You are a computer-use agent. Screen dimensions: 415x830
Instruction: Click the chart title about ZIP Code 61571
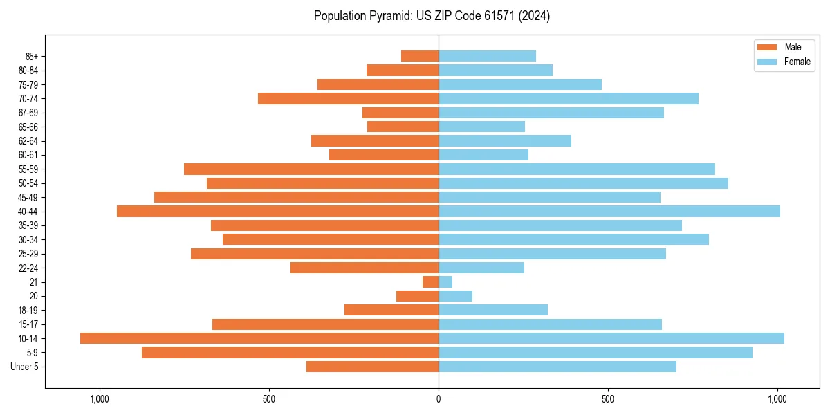[x=432, y=16]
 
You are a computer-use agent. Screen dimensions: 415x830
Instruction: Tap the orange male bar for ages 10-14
[x=259, y=338]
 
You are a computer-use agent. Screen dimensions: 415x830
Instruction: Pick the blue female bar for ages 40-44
[x=609, y=212]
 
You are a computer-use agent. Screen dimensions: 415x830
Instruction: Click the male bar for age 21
[x=431, y=282]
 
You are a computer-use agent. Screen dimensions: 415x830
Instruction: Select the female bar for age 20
[x=456, y=296]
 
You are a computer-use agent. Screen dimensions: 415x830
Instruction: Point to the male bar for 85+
[x=420, y=56]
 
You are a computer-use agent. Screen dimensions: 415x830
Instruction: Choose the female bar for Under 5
[x=557, y=367]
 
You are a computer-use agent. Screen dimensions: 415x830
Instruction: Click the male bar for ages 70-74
[x=349, y=98]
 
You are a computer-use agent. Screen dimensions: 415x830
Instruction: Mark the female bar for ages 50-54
[x=584, y=183]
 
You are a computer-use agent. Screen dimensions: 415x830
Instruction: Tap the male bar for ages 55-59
[x=311, y=169]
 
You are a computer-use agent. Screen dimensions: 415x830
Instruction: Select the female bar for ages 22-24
[x=481, y=268]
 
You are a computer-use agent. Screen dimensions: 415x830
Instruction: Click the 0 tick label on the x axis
[x=439, y=399]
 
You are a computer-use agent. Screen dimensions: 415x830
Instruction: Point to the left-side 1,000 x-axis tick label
[x=100, y=399]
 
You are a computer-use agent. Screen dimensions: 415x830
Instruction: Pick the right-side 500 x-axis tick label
[x=608, y=399]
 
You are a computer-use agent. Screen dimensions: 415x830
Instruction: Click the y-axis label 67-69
[x=28, y=113]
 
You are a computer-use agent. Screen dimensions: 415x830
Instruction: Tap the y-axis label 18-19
[x=28, y=311]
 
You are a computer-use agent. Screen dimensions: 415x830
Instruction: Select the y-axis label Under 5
[x=25, y=367]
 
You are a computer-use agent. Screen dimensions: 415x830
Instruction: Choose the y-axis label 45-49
[x=28, y=197]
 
